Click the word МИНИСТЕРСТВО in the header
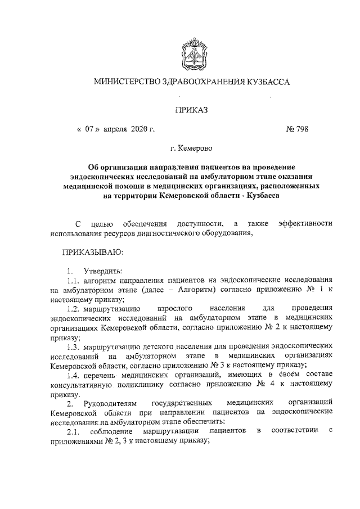pyautogui.click(x=127, y=82)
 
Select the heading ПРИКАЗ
pyautogui.click(x=191, y=110)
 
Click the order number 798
pyautogui.click(x=300, y=129)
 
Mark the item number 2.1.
pyautogui.click(x=75, y=431)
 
